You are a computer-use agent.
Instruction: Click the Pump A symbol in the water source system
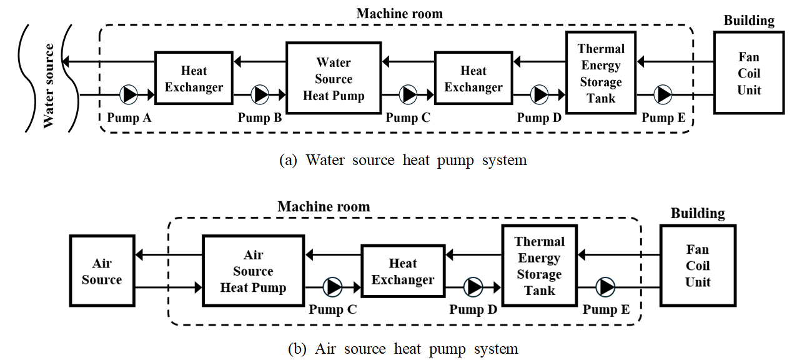pyautogui.click(x=129, y=94)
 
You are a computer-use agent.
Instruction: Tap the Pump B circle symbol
pyautogui.click(x=260, y=94)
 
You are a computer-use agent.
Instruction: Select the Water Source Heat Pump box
pyautogui.click(x=333, y=79)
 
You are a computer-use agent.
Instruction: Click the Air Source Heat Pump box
pyautogui.click(x=253, y=271)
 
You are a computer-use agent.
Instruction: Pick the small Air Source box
pyautogui.click(x=102, y=271)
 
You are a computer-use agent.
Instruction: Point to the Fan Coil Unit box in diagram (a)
pyautogui.click(x=749, y=72)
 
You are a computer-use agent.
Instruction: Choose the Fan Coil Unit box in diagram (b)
pyautogui.click(x=697, y=265)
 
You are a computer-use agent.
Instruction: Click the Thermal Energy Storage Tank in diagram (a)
pyautogui.click(x=600, y=73)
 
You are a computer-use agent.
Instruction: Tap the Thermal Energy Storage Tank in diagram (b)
pyautogui.click(x=539, y=266)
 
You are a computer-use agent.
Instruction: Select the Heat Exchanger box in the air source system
pyautogui.click(x=402, y=271)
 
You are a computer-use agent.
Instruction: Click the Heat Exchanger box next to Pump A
pyautogui.click(x=194, y=79)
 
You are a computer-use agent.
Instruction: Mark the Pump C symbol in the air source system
pyautogui.click(x=334, y=287)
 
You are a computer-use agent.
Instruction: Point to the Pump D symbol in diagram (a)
pyautogui.click(x=539, y=94)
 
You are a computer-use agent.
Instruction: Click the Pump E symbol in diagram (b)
pyautogui.click(x=605, y=287)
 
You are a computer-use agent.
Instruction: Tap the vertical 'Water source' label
pyautogui.click(x=49, y=86)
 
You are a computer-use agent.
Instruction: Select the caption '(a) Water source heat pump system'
pyautogui.click(x=402, y=160)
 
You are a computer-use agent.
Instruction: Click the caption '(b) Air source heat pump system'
pyautogui.click(x=402, y=348)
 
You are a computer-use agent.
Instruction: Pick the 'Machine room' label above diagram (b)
pyautogui.click(x=324, y=206)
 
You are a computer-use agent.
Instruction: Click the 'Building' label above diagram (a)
pyautogui.click(x=749, y=20)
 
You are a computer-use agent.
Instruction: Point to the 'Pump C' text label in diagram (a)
pyautogui.click(x=408, y=117)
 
